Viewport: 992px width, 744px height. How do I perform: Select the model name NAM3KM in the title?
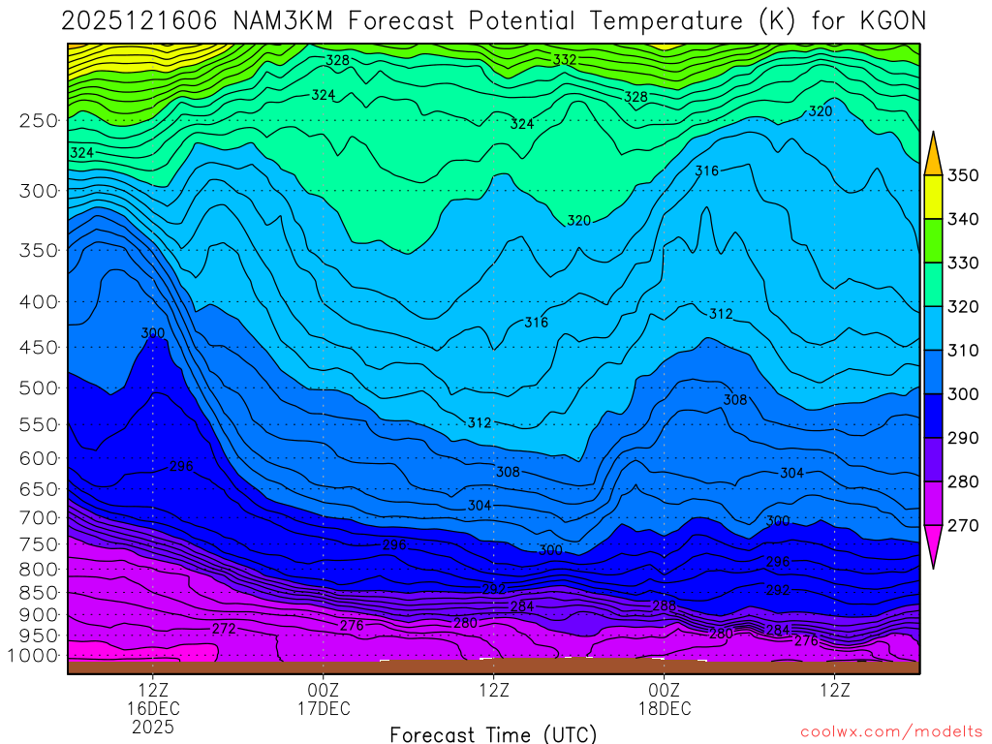278,20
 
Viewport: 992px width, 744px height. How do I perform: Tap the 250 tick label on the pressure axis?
38,121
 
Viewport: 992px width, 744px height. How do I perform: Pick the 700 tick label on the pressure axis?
38,517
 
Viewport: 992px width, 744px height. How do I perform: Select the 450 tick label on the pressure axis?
38,347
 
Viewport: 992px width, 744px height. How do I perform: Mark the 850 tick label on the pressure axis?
38,593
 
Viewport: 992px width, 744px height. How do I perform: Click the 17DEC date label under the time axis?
323,708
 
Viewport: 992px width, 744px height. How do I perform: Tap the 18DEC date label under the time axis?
664,708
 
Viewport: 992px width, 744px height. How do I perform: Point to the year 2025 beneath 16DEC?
153,726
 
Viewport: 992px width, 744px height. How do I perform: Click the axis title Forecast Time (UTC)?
493,733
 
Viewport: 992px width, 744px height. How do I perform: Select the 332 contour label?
565,60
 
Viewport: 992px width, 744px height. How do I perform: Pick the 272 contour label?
224,629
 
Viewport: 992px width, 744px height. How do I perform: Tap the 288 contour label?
665,605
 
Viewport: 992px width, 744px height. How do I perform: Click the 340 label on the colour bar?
962,220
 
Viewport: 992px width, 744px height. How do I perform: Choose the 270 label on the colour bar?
962,526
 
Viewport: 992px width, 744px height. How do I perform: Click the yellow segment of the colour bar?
934,198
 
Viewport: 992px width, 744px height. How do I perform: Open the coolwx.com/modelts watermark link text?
890,731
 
